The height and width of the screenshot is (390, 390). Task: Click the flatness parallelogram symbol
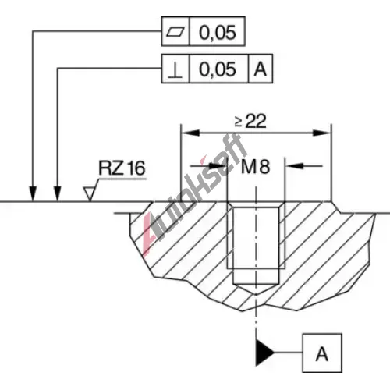point(175,32)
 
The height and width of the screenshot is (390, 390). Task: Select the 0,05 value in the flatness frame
point(218,33)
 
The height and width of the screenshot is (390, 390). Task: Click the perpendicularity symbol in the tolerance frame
point(175,70)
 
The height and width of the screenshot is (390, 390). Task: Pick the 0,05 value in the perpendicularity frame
point(218,69)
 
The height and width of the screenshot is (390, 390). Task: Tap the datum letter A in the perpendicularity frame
point(261,69)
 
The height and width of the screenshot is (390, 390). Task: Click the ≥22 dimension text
point(250,121)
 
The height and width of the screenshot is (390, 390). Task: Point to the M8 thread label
point(255,166)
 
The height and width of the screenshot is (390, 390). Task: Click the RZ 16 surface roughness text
point(122,168)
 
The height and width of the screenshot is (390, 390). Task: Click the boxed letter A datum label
point(322,353)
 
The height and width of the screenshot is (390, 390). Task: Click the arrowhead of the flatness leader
point(33,193)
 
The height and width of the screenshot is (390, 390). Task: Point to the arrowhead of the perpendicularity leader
point(58,193)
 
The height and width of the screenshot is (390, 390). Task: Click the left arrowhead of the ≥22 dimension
point(190,133)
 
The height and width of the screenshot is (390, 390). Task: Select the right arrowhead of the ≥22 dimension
point(322,133)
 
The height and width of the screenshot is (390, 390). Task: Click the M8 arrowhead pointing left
point(295,165)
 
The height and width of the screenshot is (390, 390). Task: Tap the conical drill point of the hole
point(256,289)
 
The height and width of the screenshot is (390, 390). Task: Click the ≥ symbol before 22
point(239,122)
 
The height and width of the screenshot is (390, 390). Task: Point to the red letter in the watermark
point(149,232)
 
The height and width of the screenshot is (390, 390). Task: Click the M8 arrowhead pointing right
point(218,165)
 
